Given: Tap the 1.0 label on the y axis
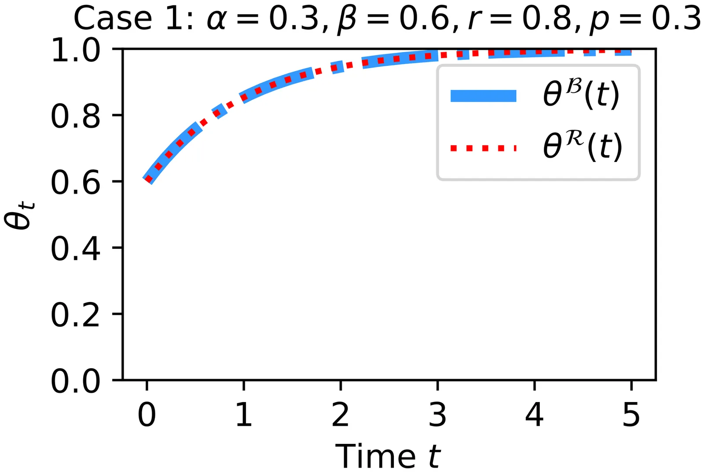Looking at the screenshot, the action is tap(75, 50).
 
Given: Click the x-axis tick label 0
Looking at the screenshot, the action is tap(147, 414).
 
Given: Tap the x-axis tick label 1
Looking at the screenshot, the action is tap(244, 414).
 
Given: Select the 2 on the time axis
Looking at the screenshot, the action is tap(341, 414).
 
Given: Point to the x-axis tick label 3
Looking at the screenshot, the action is tap(437, 414).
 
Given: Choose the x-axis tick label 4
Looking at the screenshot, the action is tap(534, 414).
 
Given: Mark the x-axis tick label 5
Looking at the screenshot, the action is tap(631, 414).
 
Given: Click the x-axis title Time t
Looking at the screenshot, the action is tap(388, 456).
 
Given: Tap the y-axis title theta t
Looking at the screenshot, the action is tap(19, 215).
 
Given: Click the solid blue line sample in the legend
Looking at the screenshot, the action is tap(484, 96).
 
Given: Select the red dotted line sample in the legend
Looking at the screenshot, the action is tap(484, 148).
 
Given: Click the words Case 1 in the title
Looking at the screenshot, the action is tap(134, 19).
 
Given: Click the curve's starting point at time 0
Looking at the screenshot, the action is tap(148, 180).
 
